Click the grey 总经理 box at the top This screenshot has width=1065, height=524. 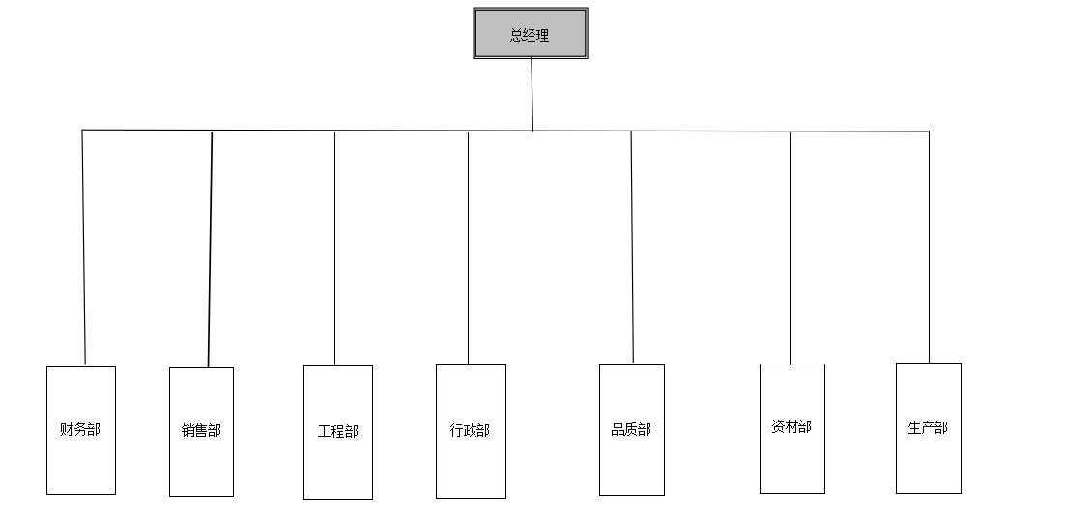[x=530, y=33]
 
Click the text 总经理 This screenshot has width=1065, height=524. [x=530, y=36]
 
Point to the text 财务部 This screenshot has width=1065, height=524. [x=80, y=429]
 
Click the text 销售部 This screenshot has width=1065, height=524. [x=201, y=430]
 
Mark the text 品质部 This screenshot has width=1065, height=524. [x=631, y=429]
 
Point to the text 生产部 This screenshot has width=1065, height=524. [x=928, y=427]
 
